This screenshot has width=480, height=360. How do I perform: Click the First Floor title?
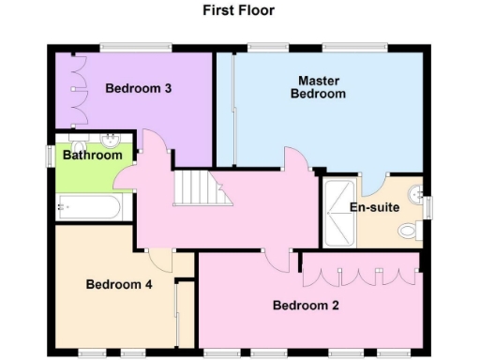[x=238, y=11]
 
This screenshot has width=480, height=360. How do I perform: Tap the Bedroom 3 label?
[x=137, y=89]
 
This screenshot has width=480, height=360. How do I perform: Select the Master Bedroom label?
[x=318, y=87]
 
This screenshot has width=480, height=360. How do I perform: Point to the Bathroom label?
[x=92, y=155]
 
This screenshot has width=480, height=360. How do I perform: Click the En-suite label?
[x=372, y=207]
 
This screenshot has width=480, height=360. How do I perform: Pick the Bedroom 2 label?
[x=305, y=305]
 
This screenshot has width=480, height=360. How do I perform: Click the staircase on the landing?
[x=202, y=187]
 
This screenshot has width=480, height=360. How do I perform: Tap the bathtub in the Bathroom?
[x=87, y=206]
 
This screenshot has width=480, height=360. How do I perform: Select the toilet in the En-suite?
[x=409, y=230]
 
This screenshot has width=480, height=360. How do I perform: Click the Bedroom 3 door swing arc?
[x=155, y=145]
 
